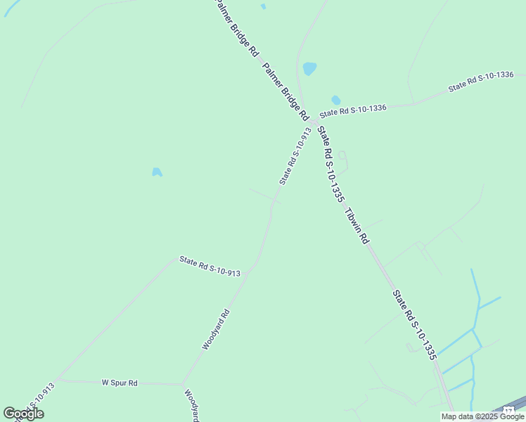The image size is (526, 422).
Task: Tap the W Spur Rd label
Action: [x=120, y=383]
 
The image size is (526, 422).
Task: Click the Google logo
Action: [x=23, y=414]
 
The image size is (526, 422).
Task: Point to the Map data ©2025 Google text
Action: [x=483, y=416]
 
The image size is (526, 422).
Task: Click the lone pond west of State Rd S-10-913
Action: [x=157, y=172]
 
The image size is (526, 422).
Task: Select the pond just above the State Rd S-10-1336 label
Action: [x=336, y=100]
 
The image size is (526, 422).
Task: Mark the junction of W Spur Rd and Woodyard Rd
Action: [x=183, y=384]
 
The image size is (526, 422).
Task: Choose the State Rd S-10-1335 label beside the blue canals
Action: [x=415, y=325]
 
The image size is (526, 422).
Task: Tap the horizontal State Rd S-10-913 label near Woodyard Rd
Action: [x=210, y=267]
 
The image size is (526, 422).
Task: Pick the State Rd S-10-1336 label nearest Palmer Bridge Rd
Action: [x=353, y=110]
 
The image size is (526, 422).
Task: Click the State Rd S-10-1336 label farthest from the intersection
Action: [x=481, y=82]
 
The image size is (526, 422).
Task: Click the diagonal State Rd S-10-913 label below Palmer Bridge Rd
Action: [x=295, y=156]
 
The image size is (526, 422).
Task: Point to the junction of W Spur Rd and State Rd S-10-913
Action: [x=58, y=379]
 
